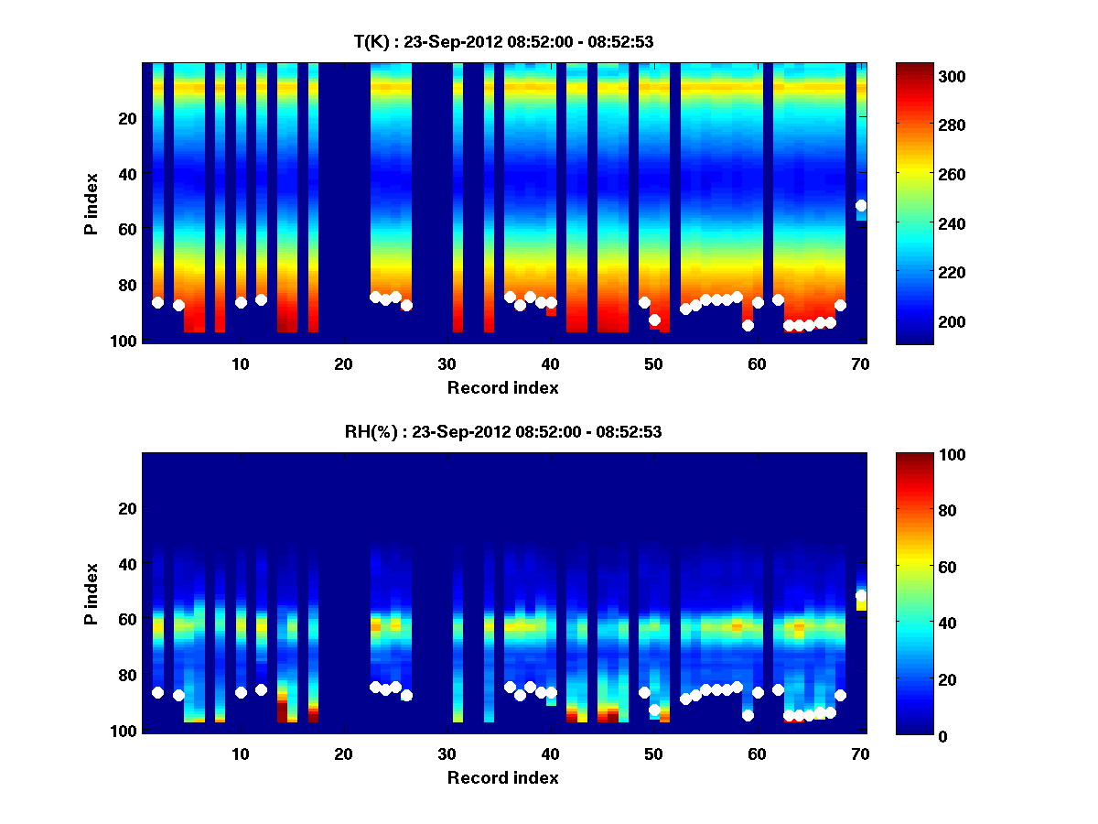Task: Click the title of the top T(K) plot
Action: tap(503, 41)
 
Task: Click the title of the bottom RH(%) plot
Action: tap(503, 432)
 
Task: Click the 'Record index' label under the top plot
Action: tap(503, 387)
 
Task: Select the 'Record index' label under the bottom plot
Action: tap(503, 777)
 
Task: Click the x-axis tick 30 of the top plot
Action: tap(447, 363)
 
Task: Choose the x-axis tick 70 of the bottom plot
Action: tap(860, 754)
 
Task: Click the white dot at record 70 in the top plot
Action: tap(861, 205)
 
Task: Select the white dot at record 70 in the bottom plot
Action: tap(861, 595)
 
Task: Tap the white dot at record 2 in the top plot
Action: tap(157, 302)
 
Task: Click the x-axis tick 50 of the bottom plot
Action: tap(653, 754)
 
